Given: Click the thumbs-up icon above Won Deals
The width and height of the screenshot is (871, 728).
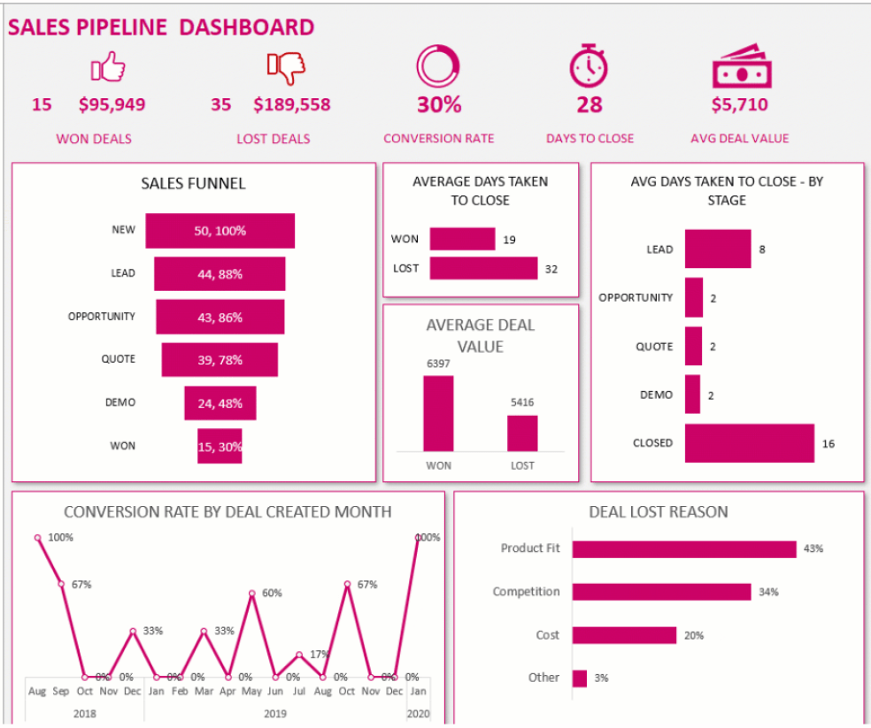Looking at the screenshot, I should [108, 66].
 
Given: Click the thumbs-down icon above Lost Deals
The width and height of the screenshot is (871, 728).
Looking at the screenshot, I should [286, 66].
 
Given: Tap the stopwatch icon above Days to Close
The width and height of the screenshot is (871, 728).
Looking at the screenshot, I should [589, 66].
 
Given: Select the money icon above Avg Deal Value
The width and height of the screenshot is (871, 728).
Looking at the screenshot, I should [739, 66].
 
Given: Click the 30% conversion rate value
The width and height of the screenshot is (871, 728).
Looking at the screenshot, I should [439, 104].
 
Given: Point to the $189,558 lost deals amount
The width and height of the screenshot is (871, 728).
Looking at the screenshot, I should [291, 104].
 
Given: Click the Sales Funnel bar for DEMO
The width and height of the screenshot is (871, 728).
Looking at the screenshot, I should [220, 402].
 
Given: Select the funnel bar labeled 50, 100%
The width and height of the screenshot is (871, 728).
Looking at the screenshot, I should [220, 231].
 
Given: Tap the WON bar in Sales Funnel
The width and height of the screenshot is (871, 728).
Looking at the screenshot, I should [220, 446].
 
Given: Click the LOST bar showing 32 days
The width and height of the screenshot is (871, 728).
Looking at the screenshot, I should [483, 268].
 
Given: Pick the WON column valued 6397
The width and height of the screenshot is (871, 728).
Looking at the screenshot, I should [438, 414].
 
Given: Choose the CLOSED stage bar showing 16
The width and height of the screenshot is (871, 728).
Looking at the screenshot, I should [749, 443].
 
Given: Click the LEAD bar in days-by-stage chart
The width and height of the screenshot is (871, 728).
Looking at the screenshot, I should [717, 249].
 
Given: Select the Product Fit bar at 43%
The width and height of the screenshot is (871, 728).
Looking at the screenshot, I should [683, 548].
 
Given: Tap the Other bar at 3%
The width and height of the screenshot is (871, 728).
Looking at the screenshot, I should [579, 678].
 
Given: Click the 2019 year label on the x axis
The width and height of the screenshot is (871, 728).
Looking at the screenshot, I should [274, 713].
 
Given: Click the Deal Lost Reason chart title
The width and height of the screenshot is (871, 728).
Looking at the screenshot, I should [659, 511].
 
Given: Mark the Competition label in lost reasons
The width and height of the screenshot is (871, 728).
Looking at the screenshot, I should [526, 592].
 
